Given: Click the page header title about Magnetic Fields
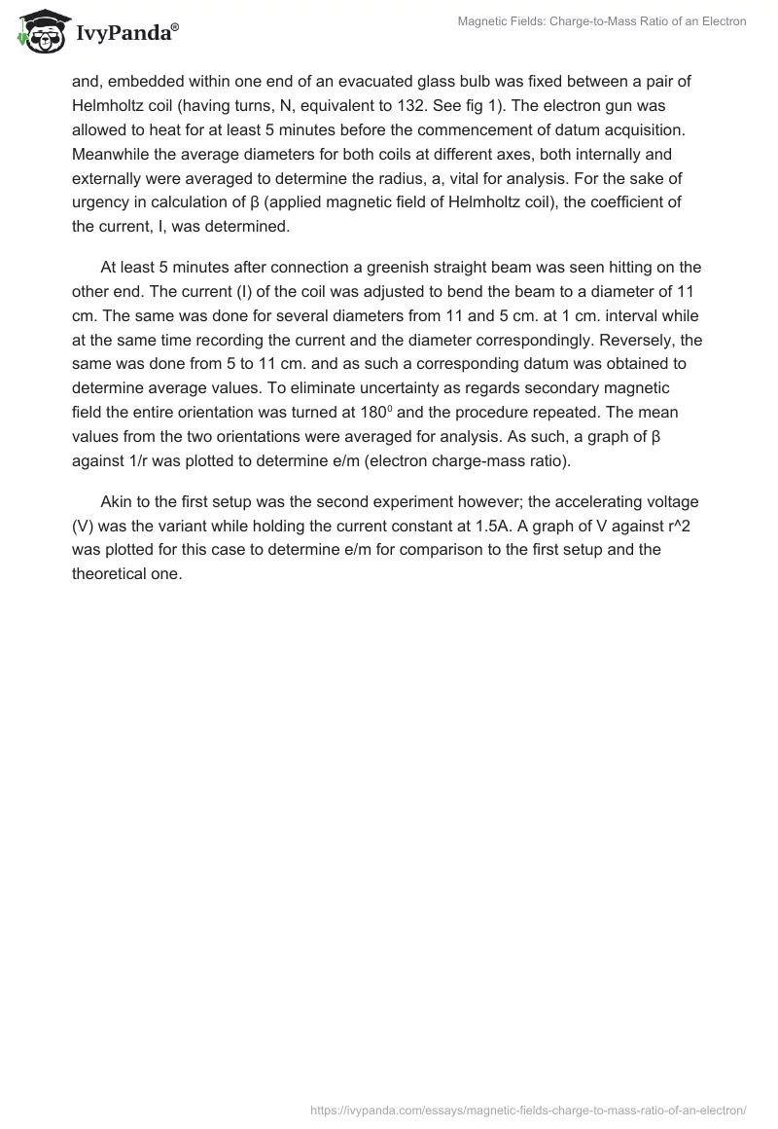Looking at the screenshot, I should (602, 20).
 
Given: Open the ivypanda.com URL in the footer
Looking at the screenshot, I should (528, 1109).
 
